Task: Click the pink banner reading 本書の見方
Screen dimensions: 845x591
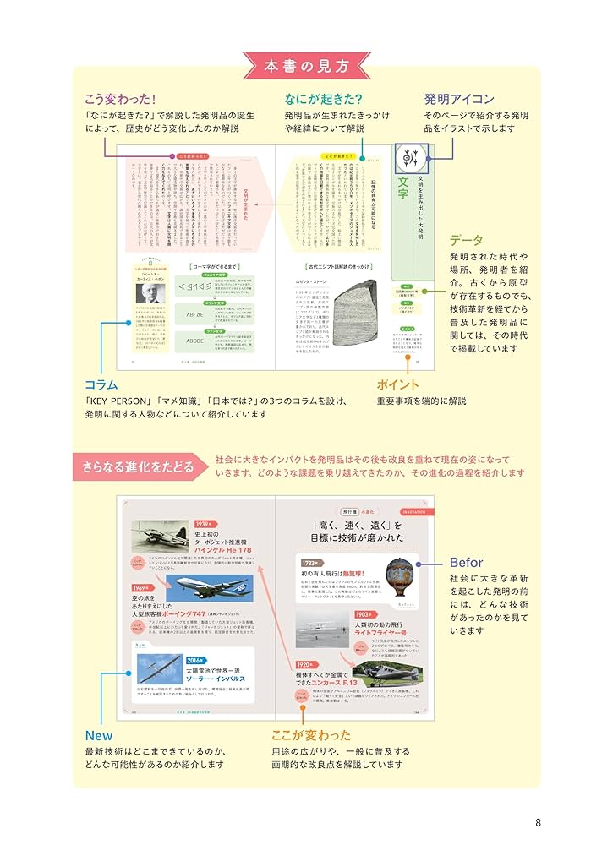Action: point(295,65)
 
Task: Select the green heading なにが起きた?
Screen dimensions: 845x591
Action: point(323,99)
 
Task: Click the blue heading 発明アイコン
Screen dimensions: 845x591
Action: point(459,99)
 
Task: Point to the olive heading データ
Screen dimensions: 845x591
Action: point(466,240)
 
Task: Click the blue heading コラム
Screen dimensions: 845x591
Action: point(101,384)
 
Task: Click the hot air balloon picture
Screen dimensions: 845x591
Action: point(398,576)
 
